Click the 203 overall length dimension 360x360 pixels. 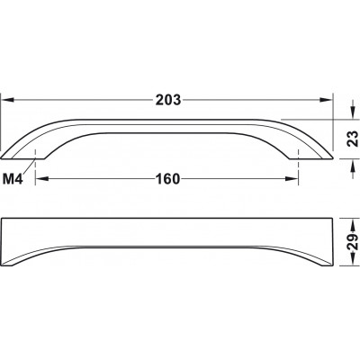tap(168, 100)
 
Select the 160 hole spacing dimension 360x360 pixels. tap(167, 179)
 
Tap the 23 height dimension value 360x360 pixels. tap(353, 139)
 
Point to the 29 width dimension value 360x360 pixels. tap(353, 242)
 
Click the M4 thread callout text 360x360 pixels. tap(13, 179)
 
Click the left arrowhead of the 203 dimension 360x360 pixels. tap(8, 100)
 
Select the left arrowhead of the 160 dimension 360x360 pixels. tap(42, 179)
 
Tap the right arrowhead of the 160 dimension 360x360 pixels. tap(292, 179)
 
